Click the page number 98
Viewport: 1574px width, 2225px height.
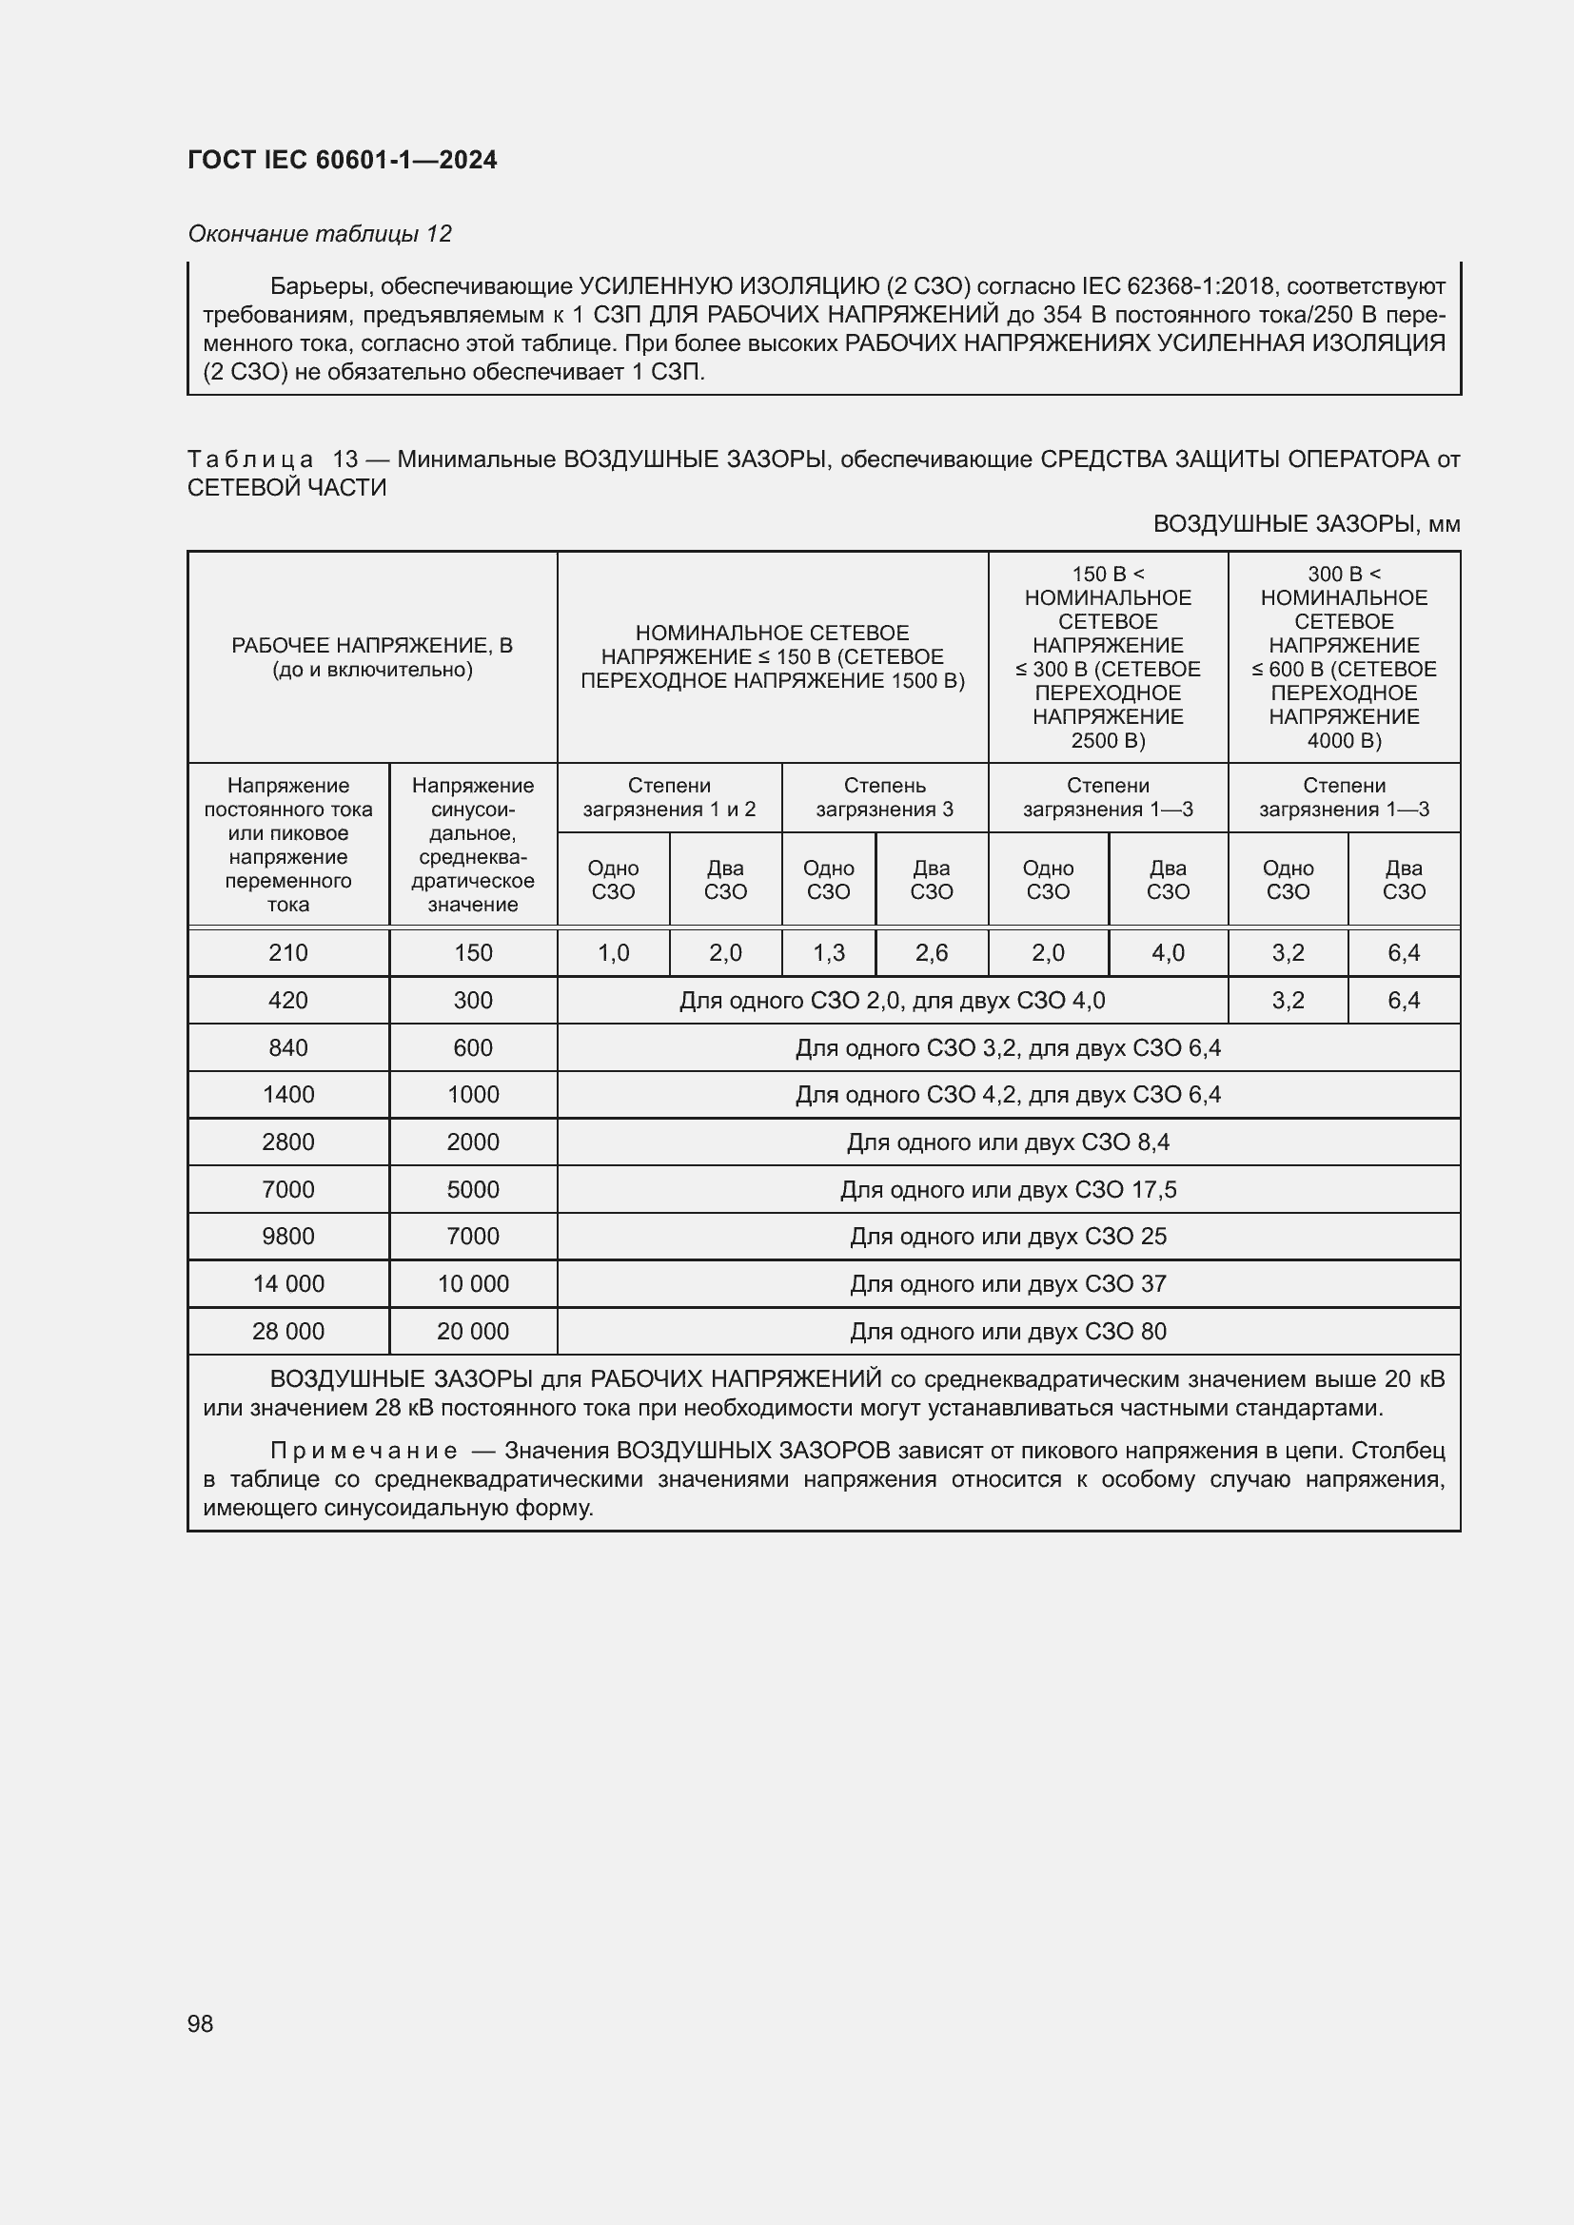[x=200, y=2022]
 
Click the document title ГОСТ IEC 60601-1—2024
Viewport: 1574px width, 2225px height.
[x=343, y=160]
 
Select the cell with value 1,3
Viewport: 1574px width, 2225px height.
[x=828, y=952]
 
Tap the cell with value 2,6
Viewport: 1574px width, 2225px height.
[x=931, y=952]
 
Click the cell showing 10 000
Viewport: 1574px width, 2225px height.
[x=472, y=1283]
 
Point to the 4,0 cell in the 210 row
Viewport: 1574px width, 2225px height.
[x=1167, y=952]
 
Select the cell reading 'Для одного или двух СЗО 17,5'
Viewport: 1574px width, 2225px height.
[x=1008, y=1189]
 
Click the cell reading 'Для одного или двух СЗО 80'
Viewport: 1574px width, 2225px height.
[x=1008, y=1331]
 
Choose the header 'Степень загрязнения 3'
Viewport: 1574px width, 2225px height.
[x=884, y=796]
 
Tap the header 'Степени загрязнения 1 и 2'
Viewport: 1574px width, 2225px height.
[x=669, y=796]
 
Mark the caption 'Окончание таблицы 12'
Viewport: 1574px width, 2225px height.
[x=320, y=234]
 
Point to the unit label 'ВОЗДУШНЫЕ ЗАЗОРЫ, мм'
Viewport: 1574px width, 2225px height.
[x=1306, y=524]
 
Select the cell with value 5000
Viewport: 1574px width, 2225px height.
[x=472, y=1189]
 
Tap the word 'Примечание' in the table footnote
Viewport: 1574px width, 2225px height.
[x=364, y=1451]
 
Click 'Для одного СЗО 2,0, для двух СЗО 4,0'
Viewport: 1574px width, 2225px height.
[x=892, y=1000]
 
